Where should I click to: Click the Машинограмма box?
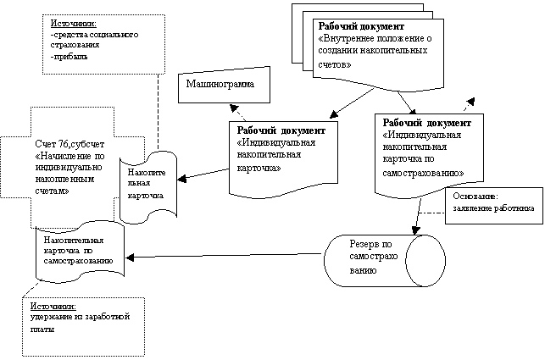[x=224, y=85]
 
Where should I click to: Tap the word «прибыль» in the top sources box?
[x=70, y=57]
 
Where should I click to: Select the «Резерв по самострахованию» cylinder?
[x=385, y=261]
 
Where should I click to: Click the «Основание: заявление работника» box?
[x=494, y=206]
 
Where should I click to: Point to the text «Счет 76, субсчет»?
[x=70, y=144]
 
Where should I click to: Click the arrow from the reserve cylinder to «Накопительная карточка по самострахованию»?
[x=223, y=256]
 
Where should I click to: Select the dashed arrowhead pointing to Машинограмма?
[x=233, y=108]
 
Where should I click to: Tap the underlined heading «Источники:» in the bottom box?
[x=53, y=307]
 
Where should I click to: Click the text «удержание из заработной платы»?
[x=80, y=323]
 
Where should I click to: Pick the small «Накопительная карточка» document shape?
[x=148, y=187]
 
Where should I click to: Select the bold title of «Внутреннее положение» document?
[x=361, y=26]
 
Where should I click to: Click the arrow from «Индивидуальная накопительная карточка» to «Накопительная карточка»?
[x=203, y=174]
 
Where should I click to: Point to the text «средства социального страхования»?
[x=94, y=40]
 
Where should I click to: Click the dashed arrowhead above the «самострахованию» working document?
[x=470, y=102]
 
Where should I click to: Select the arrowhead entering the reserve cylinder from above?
[x=415, y=230]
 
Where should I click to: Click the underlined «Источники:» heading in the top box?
[x=74, y=24]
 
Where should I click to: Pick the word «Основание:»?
[x=475, y=197]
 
